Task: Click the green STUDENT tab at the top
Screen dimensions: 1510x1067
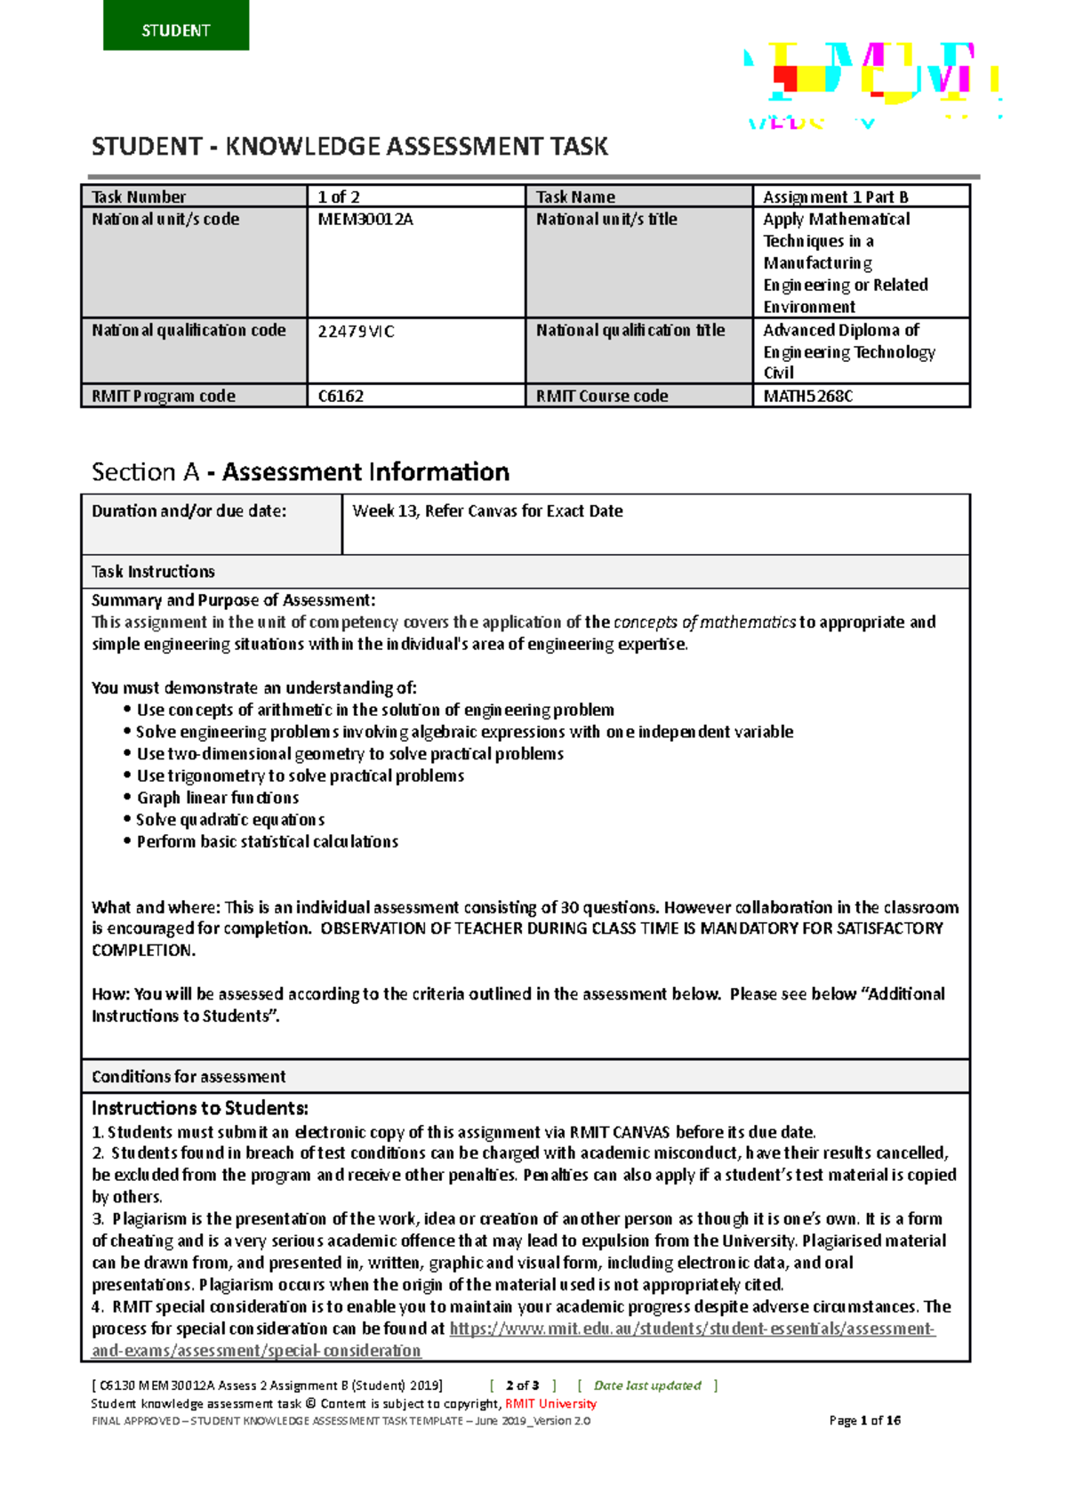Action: (x=175, y=27)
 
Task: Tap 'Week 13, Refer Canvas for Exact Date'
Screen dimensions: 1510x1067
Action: (x=487, y=511)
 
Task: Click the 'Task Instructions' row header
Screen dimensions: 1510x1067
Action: (x=153, y=572)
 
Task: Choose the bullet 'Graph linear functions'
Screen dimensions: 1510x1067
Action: (x=218, y=798)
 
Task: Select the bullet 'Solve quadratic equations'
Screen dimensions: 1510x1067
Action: (x=230, y=820)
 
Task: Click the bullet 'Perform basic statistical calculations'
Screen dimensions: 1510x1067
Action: (x=267, y=841)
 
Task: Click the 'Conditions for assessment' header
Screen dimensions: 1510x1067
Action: (x=189, y=1077)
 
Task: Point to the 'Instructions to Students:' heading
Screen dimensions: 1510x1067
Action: (x=200, y=1109)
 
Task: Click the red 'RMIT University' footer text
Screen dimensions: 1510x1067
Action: (x=550, y=1403)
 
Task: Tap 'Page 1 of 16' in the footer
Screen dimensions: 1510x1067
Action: (x=864, y=1420)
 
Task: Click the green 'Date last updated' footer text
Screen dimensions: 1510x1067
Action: (x=647, y=1386)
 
